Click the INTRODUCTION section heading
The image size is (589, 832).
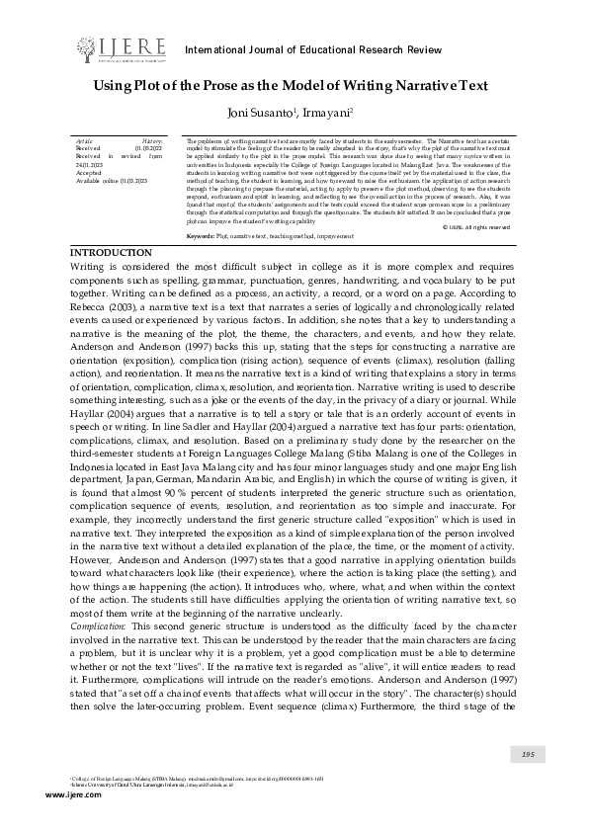(112, 254)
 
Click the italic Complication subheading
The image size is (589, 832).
(98, 626)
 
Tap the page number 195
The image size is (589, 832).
(527, 755)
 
